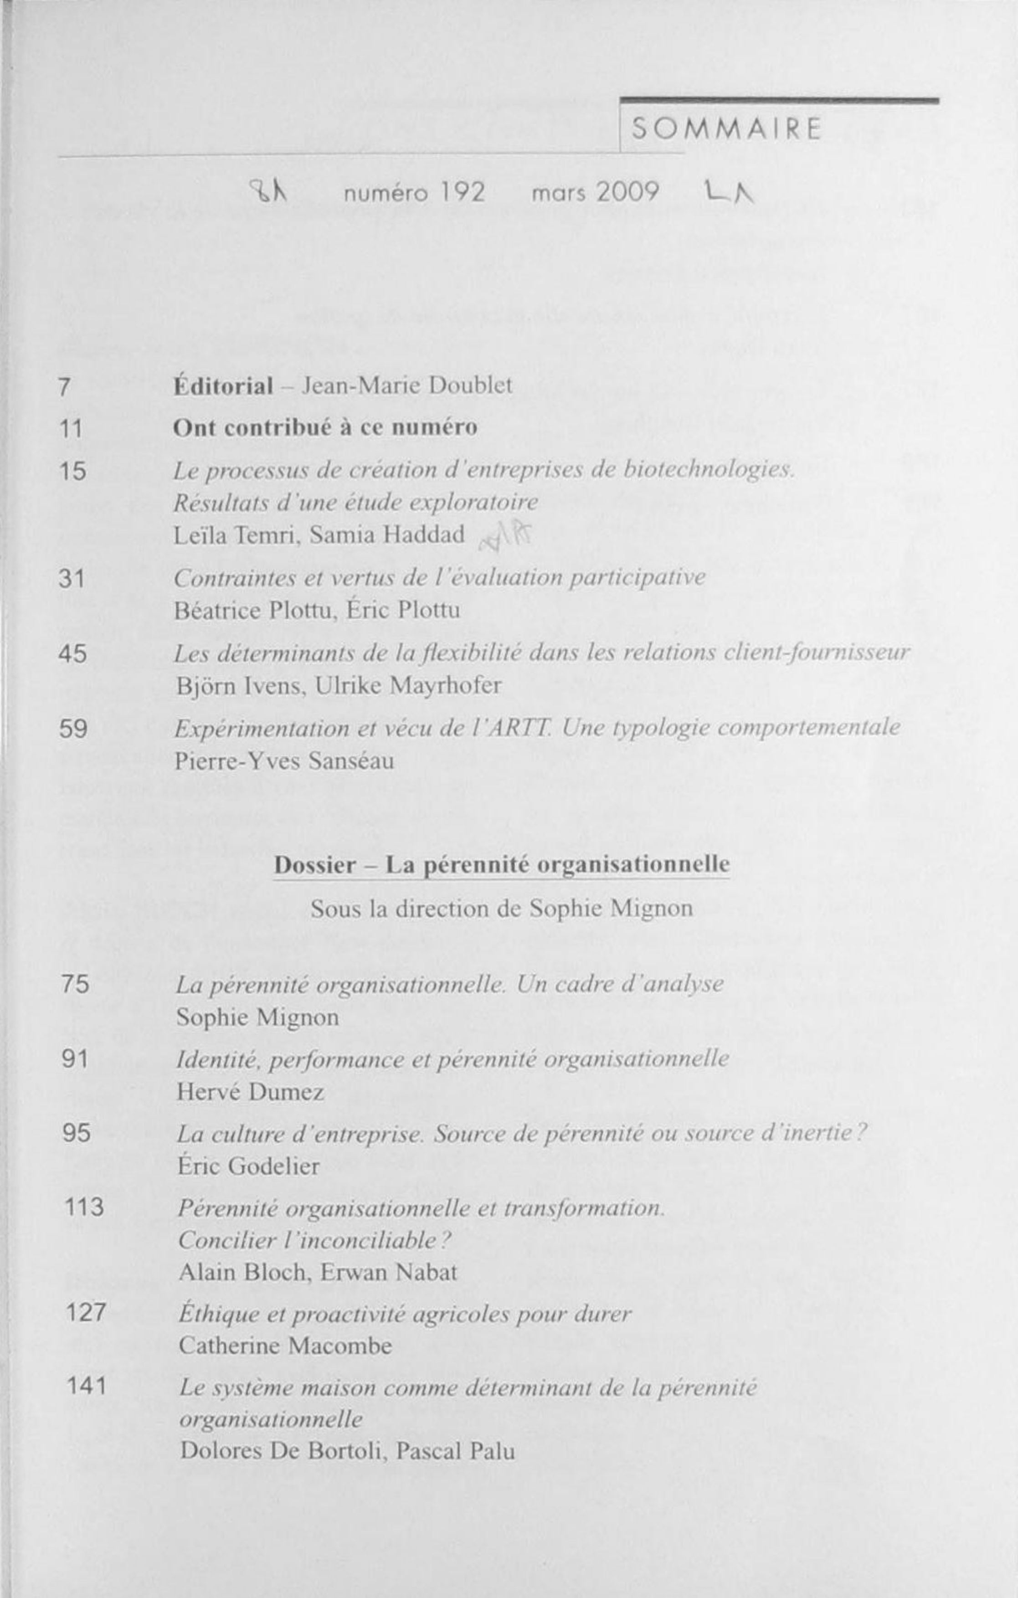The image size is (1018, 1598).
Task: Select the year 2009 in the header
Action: [x=627, y=193]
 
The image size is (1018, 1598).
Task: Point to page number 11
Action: [x=70, y=429]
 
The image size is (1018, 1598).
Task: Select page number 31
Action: [x=72, y=579]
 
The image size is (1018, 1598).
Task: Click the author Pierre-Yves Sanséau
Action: [x=285, y=760]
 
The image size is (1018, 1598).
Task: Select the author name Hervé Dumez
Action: [x=250, y=1092]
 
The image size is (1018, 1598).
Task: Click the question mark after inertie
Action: [x=861, y=1133]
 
